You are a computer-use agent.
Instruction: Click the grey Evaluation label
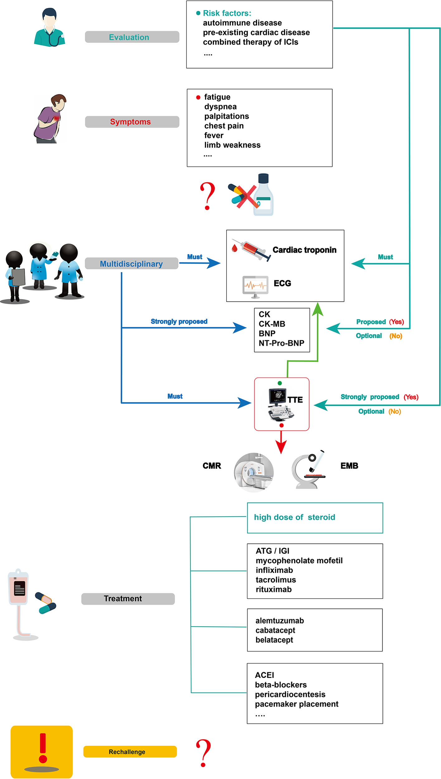132,37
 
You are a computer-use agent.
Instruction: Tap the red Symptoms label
132,122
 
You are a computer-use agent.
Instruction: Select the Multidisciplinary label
131,264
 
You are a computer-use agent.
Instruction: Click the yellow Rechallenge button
130,752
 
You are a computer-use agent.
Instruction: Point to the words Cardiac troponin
304,250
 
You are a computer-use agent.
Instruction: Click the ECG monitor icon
255,286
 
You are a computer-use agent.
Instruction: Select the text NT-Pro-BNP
281,343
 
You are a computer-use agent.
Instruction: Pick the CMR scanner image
254,472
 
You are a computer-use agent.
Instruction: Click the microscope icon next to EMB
308,469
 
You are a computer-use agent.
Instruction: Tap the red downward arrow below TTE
281,444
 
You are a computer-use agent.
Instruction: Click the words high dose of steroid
294,517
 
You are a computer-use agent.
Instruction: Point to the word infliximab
274,570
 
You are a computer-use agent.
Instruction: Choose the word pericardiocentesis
290,694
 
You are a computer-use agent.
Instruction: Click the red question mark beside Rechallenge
204,753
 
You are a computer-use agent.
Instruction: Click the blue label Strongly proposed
179,321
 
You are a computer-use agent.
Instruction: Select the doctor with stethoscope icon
50,28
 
